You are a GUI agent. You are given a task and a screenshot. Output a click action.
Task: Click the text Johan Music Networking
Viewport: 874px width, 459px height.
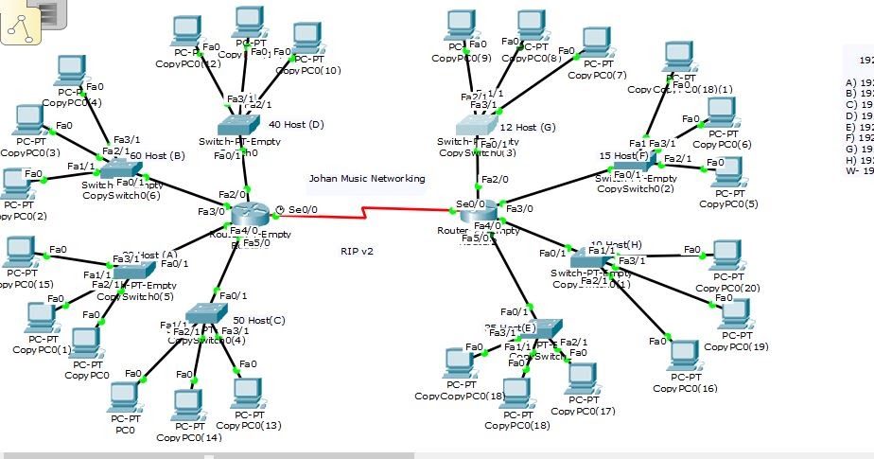366,178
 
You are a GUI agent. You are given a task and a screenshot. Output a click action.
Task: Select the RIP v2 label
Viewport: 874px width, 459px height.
358,251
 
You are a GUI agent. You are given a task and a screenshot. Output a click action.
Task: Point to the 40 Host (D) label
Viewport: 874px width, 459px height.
296,124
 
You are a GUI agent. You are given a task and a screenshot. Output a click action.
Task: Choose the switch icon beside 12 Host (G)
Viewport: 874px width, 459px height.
475,126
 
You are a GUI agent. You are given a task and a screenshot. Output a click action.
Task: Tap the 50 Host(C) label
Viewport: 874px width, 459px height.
259,320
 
